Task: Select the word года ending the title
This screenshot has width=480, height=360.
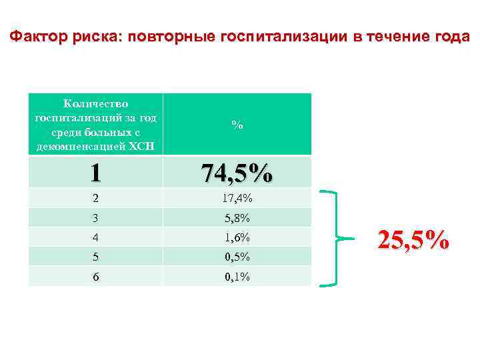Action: pos(451,37)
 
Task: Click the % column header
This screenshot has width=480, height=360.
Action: pos(237,125)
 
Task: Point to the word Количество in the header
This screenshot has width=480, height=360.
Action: pos(95,103)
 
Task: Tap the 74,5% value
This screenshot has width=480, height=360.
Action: pos(237,173)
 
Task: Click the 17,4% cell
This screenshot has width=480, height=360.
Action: pos(237,198)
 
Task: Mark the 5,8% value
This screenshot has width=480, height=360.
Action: pos(237,217)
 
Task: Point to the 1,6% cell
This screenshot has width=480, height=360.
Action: pos(237,237)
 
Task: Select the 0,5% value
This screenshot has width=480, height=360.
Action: pos(237,257)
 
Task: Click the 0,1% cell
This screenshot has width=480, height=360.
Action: pos(237,276)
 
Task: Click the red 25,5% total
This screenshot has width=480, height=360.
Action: pos(413,239)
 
